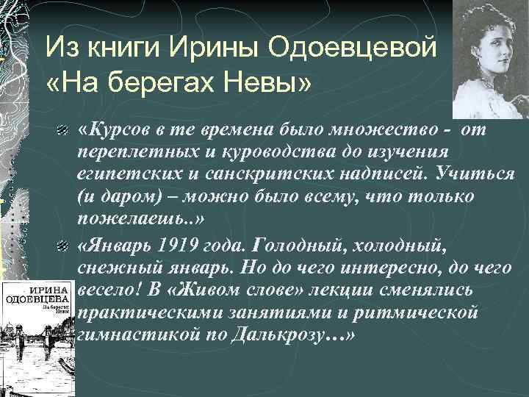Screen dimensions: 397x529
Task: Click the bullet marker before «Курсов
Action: tap(64, 132)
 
